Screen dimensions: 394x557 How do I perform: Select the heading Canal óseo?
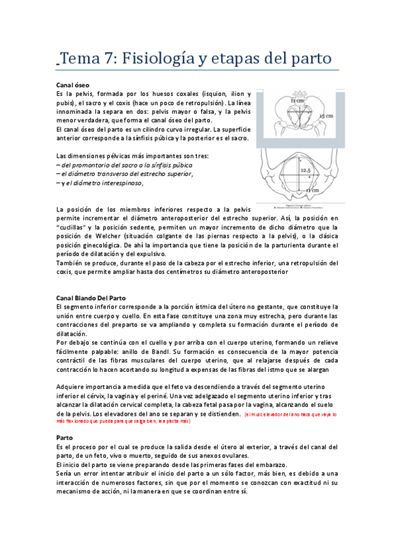tap(72, 85)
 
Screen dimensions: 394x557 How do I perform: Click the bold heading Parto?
tap(64, 437)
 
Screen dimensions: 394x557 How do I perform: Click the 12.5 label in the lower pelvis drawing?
tap(305, 170)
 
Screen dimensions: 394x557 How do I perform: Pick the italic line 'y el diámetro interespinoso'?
tap(99, 183)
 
